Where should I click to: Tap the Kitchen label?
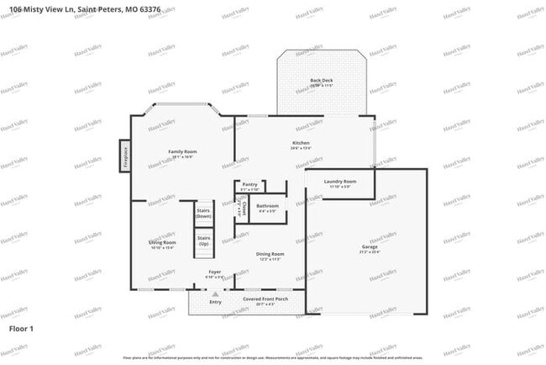[x=300, y=144]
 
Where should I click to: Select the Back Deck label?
[x=322, y=81]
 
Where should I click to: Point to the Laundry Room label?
[x=339, y=182]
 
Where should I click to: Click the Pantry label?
[x=249, y=185]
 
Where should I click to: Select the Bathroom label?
[x=268, y=206]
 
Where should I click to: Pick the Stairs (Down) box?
[x=203, y=214]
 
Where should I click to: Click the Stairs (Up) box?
[x=203, y=241]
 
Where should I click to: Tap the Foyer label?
[x=215, y=272]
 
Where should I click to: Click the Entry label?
[x=215, y=301]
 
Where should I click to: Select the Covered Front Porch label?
[x=265, y=299]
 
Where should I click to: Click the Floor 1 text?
[x=21, y=328]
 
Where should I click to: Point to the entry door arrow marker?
[x=215, y=291]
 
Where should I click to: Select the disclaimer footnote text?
[x=272, y=357]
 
